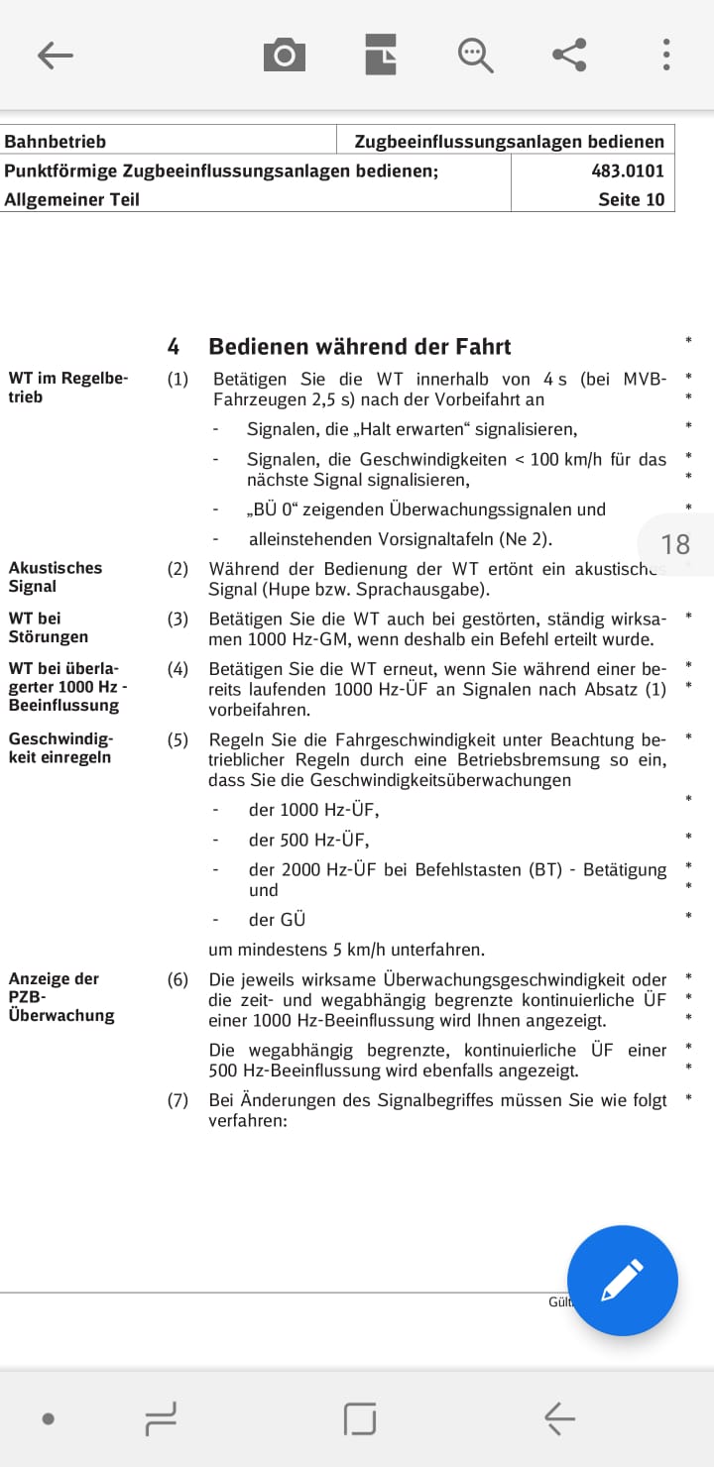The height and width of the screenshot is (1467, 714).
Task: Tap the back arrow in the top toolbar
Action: point(56,56)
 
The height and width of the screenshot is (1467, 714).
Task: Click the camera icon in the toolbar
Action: point(285,56)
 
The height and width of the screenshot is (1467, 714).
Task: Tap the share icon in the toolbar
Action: point(569,55)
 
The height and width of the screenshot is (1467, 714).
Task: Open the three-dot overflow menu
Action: point(666,55)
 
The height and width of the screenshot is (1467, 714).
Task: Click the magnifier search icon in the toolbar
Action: point(475,56)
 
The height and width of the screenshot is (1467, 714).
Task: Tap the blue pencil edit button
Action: point(622,1281)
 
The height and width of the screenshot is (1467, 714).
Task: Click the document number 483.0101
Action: point(628,170)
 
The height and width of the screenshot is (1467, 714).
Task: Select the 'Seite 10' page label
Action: point(631,199)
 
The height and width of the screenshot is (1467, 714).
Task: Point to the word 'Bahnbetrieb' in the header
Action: point(56,142)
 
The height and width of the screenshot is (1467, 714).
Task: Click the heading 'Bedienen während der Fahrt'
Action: point(360,347)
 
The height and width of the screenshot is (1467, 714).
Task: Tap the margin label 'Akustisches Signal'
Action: point(56,577)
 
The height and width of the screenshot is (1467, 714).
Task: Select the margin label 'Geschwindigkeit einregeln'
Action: point(60,748)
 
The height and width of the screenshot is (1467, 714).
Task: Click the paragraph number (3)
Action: point(178,619)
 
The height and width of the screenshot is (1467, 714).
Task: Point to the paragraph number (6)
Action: point(178,979)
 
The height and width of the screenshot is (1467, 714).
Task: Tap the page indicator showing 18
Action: point(674,544)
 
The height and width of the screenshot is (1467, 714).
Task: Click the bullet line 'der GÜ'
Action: point(277,919)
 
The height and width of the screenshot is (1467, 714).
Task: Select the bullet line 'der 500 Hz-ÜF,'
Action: point(308,840)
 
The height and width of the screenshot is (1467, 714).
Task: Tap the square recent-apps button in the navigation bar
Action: point(360,1419)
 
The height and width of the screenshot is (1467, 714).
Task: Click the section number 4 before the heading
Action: point(174,347)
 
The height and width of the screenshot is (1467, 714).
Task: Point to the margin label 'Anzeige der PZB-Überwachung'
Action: point(61,997)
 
